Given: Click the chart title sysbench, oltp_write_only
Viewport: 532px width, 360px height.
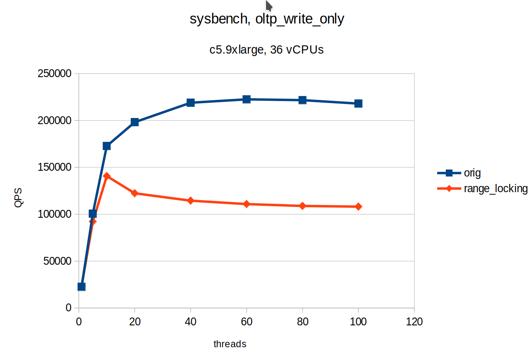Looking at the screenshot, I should [266, 19].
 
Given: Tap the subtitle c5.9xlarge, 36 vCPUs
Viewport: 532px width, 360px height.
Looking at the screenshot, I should [266, 50].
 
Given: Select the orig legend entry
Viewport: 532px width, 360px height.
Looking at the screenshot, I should [472, 173].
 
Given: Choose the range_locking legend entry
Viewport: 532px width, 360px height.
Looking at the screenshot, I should [495, 188].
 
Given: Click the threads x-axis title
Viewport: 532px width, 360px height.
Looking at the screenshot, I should [230, 344].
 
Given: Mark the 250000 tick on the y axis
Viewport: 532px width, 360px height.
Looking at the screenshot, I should [54, 74].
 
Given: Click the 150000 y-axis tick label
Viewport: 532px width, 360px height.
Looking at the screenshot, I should [54, 167].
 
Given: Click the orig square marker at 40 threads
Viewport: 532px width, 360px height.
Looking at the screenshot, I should [191, 103].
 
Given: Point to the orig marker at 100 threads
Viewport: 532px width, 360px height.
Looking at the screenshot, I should [358, 104].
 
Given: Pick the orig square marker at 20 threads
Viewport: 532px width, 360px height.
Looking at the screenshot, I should [134, 122].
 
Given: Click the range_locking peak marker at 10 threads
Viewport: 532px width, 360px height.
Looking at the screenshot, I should [107, 176].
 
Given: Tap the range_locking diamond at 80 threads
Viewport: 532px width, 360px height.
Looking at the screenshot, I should [302, 206].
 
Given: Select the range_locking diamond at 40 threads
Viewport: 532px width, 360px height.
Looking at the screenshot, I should [191, 201].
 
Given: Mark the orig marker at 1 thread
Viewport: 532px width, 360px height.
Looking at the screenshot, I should [81, 287].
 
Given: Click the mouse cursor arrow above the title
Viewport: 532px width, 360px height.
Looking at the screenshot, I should [268, 6].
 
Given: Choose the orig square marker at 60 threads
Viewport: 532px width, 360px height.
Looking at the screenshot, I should [247, 99].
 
